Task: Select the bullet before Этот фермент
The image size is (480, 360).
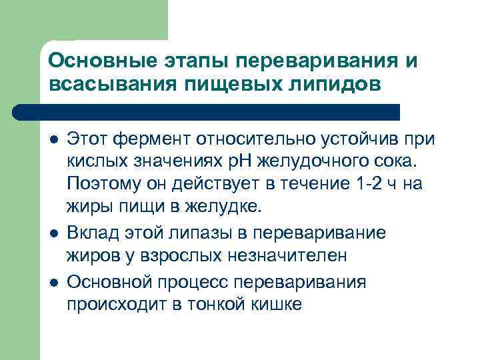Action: [53, 140]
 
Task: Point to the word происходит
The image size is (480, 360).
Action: [111, 304]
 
